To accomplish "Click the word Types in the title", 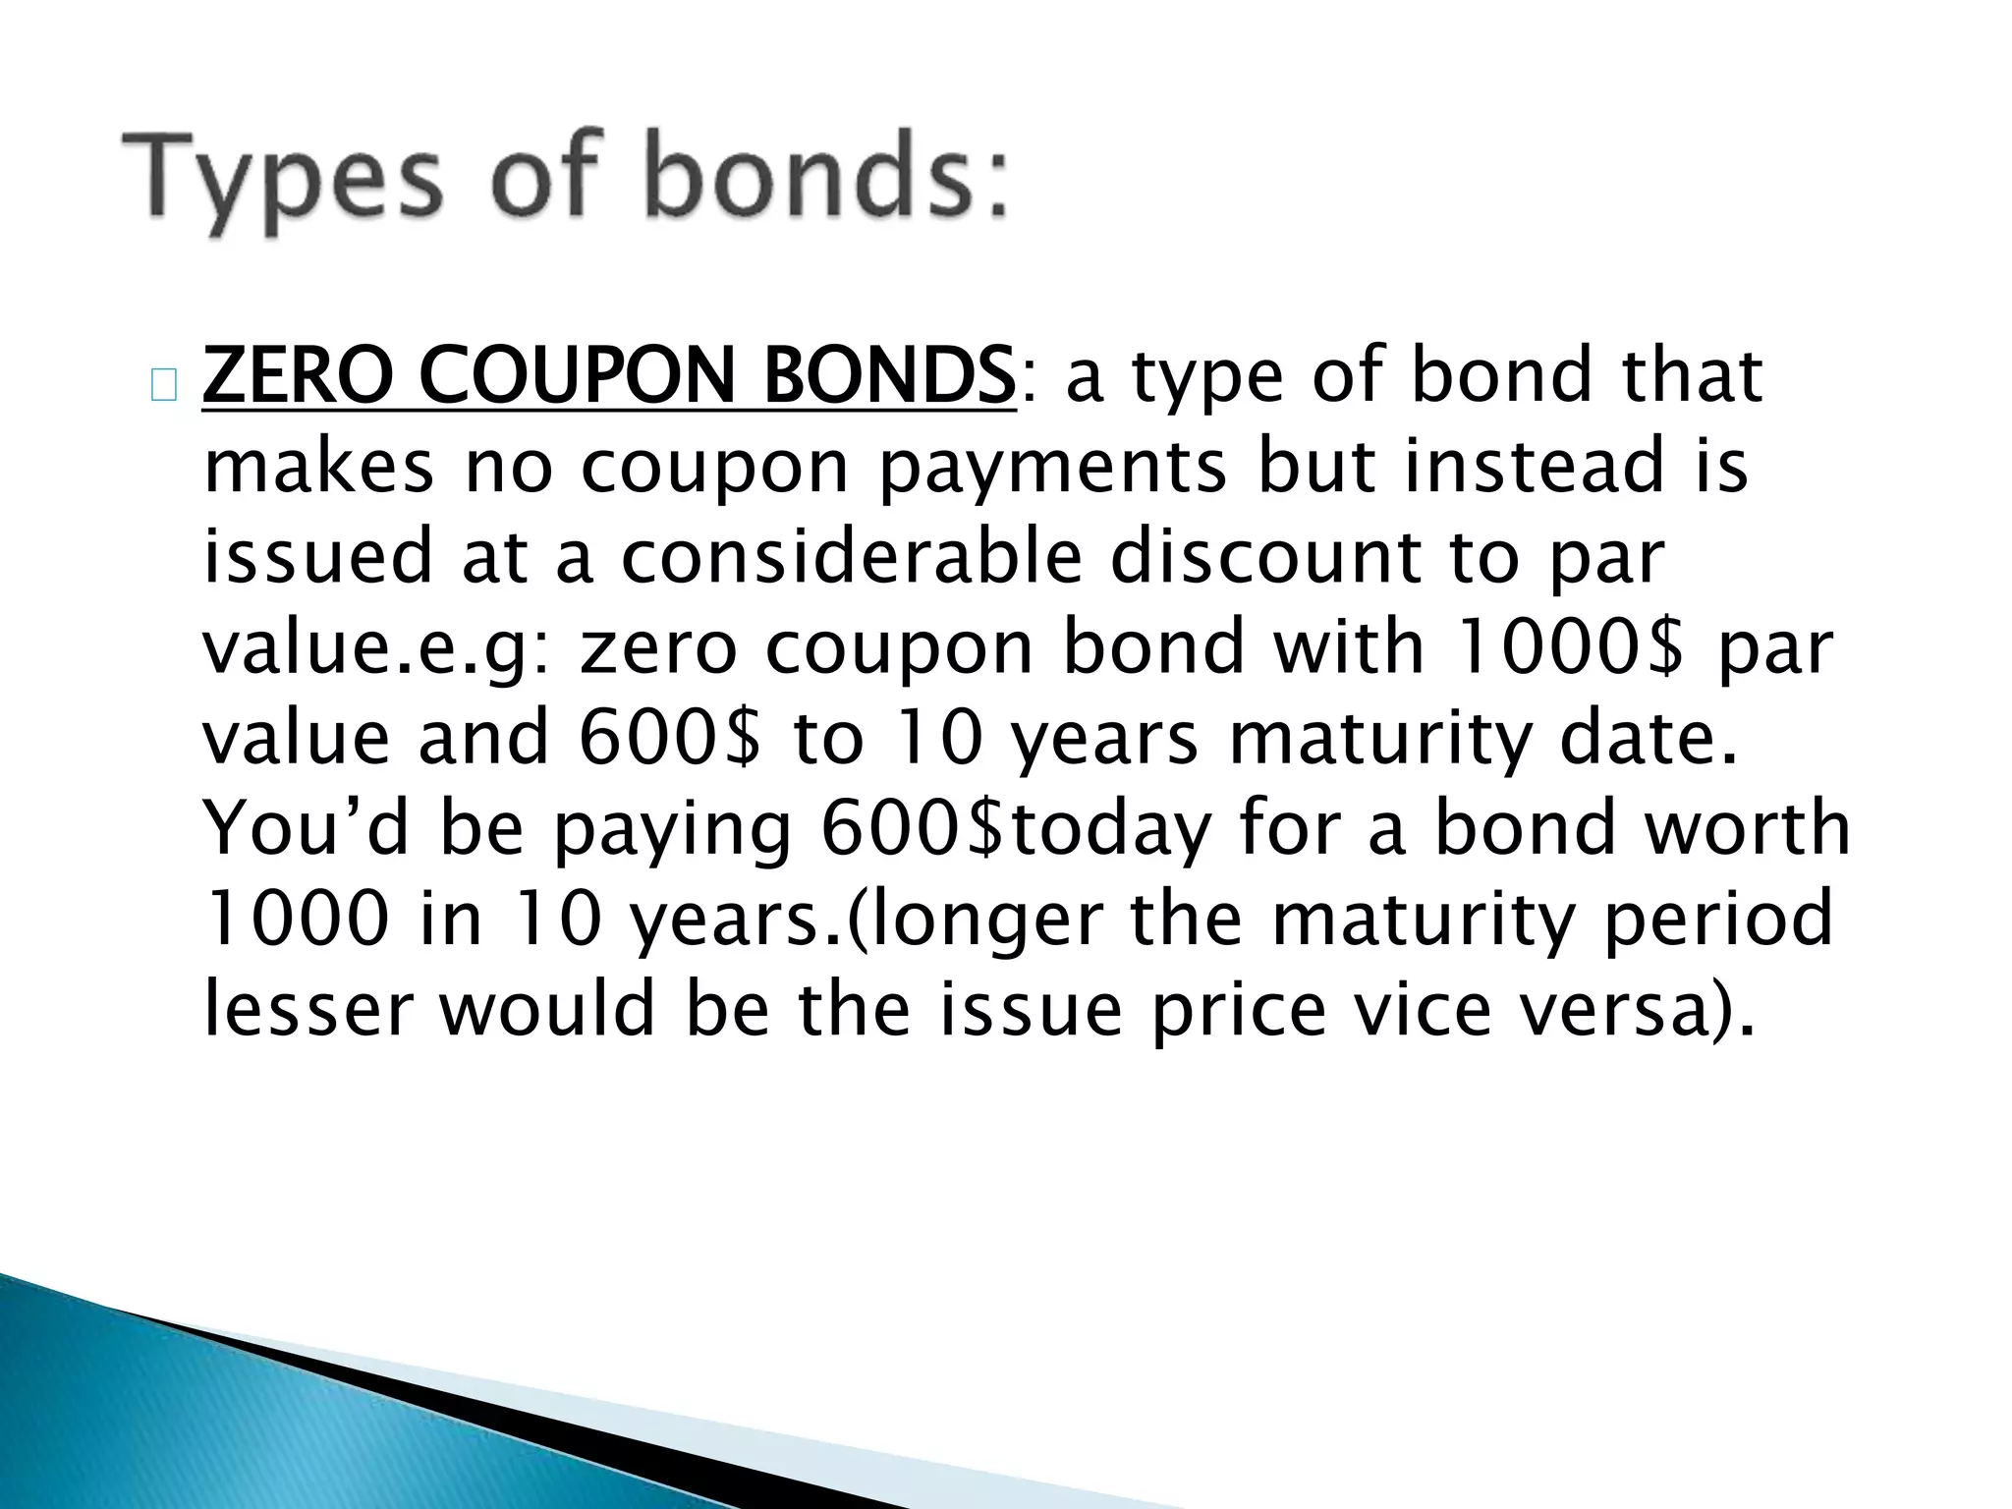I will (279, 181).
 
